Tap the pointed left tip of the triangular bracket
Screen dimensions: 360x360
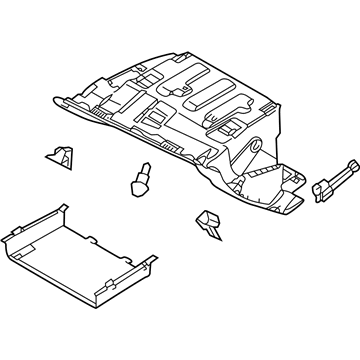tap(46, 155)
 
